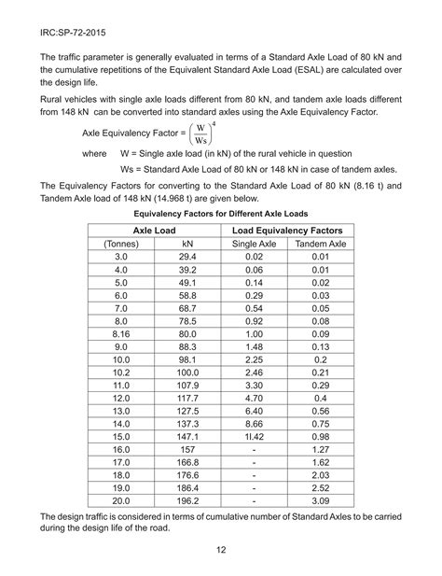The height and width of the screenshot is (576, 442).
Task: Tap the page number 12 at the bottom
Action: coord(222,552)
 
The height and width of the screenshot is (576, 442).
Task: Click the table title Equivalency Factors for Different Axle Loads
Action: coord(221,213)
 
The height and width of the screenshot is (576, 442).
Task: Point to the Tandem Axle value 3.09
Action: coord(320,501)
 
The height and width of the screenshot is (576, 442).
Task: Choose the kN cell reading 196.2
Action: coord(186,501)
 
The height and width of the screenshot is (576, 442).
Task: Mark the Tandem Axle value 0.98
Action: coord(320,437)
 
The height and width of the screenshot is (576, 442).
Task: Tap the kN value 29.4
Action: coord(186,256)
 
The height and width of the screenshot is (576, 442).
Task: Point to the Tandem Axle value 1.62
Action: coord(320,462)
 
